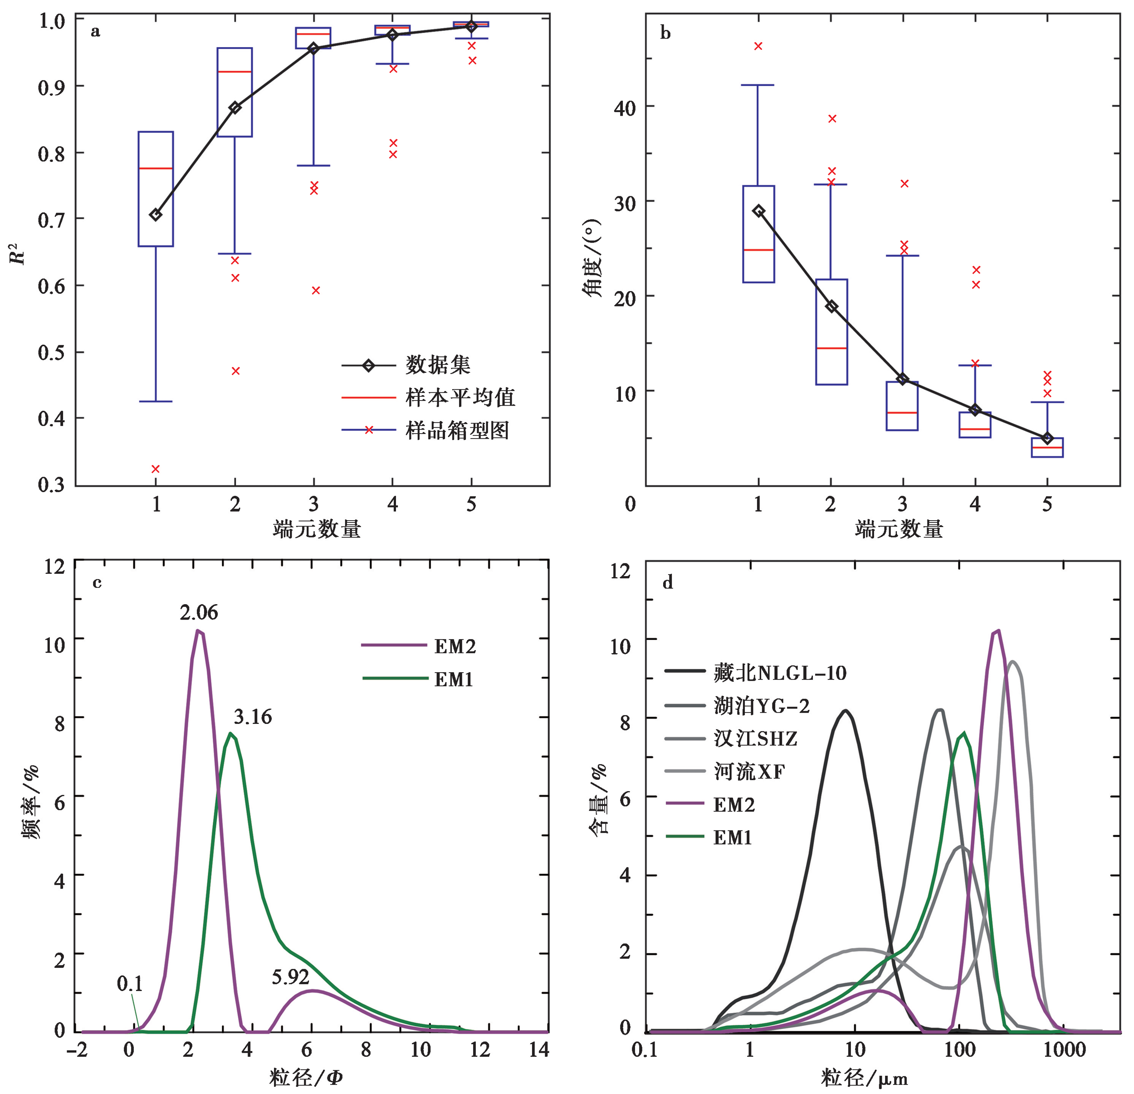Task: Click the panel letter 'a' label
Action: [x=95, y=31]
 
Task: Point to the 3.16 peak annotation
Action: [x=252, y=718]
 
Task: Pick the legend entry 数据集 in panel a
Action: [x=437, y=365]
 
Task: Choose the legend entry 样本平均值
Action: [x=460, y=397]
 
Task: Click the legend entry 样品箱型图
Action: [x=457, y=430]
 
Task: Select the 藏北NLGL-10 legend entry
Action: [x=779, y=673]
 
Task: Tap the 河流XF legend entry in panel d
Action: [x=749, y=772]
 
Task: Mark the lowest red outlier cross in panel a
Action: [x=156, y=469]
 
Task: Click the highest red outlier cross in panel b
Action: [x=758, y=46]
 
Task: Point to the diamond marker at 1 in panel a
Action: [x=156, y=215]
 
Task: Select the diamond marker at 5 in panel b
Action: [x=1047, y=438]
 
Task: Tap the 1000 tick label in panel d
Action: [x=1064, y=1050]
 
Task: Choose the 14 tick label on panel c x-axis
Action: [x=539, y=1050]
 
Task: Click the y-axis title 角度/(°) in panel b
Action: [x=592, y=258]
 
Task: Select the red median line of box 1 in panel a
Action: [x=156, y=168]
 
